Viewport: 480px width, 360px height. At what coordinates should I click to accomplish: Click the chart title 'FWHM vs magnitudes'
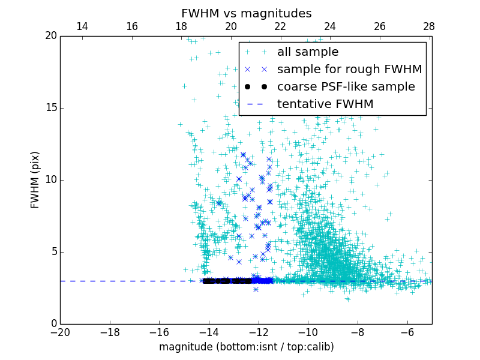(246, 13)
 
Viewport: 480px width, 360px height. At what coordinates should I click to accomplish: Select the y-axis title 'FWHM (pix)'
(35, 179)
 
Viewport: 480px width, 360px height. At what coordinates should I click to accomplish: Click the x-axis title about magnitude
(246, 347)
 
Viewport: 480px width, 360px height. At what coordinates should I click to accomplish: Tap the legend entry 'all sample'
(308, 52)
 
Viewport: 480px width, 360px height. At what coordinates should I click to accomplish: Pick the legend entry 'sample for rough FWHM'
(349, 70)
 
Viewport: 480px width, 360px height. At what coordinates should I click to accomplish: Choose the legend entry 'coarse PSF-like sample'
(346, 87)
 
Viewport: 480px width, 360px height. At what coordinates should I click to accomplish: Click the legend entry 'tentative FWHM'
(325, 104)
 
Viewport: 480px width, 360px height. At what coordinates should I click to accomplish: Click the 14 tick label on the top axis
(82, 26)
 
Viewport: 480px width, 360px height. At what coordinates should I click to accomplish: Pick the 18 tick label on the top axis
(181, 26)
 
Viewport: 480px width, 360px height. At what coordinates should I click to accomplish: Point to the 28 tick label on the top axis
(429, 26)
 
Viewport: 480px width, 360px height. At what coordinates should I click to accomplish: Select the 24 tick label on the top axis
(330, 26)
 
